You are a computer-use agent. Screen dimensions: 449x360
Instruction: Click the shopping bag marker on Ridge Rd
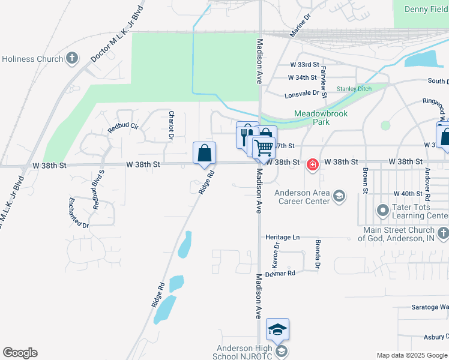click(205, 153)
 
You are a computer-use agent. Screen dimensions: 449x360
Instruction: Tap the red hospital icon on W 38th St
click(312, 164)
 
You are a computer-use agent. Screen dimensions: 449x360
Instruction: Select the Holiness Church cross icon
click(72, 59)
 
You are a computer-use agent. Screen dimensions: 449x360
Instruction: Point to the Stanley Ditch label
click(354, 89)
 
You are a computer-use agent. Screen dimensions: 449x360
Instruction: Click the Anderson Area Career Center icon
click(339, 196)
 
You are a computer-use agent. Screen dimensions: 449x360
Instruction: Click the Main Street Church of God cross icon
click(442, 233)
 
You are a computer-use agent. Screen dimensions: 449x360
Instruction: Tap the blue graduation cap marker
click(277, 329)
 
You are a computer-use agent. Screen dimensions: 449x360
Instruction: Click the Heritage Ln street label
click(283, 238)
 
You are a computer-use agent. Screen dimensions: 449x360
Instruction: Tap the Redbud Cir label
click(123, 127)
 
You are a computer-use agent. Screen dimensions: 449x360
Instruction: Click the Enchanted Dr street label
click(79, 213)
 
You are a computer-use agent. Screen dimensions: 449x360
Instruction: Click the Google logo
click(20, 353)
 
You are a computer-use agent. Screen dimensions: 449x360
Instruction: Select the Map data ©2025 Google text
click(411, 355)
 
